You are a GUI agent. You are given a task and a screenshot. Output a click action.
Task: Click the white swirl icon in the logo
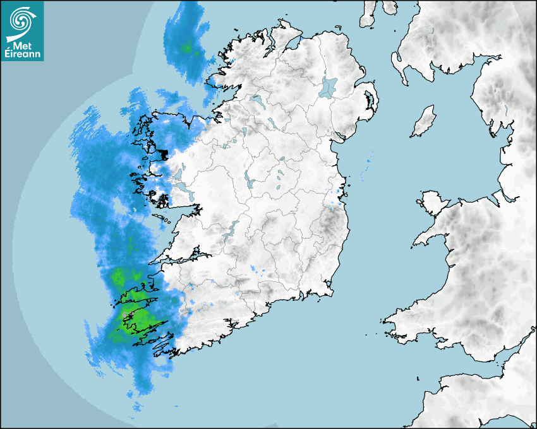click(x=21, y=21)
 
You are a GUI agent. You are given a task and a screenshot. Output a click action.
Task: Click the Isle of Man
click(x=424, y=122)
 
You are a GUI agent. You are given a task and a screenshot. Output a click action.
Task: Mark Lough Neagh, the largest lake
click(x=329, y=86)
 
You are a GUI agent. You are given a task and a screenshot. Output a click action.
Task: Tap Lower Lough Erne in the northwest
click(x=255, y=100)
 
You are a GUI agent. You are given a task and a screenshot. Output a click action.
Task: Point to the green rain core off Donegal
click(x=186, y=47)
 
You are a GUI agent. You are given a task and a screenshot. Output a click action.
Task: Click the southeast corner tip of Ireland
click(x=330, y=290)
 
